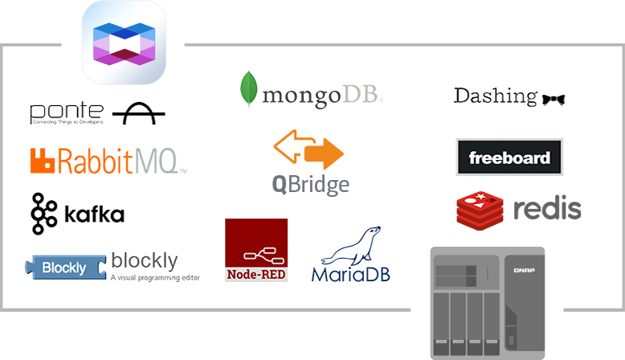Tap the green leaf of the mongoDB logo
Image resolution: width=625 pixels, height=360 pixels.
point(250,89)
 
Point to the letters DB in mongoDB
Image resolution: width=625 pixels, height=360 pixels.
point(361,96)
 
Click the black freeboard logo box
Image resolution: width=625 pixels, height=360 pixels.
point(509,157)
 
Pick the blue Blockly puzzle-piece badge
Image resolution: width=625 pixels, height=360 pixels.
point(65,268)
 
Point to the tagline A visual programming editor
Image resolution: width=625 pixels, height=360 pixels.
point(152,278)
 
